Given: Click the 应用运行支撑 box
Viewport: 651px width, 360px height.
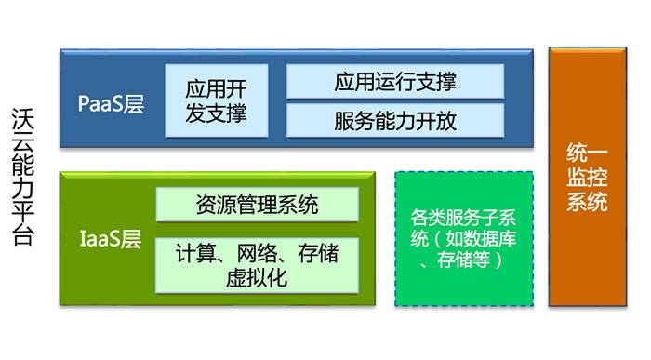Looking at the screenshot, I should (x=394, y=82).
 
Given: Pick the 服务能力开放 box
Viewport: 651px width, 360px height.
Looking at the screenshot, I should (x=394, y=121).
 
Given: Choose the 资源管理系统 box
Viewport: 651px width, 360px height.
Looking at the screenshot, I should (x=257, y=205).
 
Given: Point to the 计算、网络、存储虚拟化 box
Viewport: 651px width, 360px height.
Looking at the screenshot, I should (x=257, y=263).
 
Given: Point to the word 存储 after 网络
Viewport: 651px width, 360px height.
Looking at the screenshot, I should (x=315, y=252).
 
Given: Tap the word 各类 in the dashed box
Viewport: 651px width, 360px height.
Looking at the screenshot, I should (x=423, y=219).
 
